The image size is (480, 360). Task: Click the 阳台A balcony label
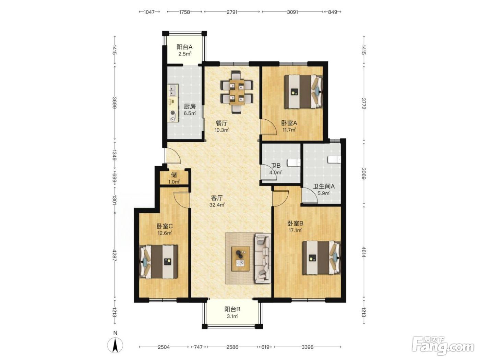point(184,47)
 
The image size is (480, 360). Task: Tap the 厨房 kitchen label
point(189,106)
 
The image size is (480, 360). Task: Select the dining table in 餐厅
point(237,92)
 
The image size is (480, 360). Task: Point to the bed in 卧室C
point(158,262)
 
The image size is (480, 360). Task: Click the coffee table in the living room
point(241,259)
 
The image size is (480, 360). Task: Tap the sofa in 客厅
point(262,259)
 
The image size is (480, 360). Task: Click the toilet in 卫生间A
point(335,159)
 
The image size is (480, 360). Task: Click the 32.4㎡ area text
point(217,205)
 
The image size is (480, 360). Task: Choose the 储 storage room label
point(174,175)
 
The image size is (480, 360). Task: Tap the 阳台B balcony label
point(232,309)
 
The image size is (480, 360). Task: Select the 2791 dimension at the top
point(232,12)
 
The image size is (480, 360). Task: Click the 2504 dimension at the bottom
point(164,347)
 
